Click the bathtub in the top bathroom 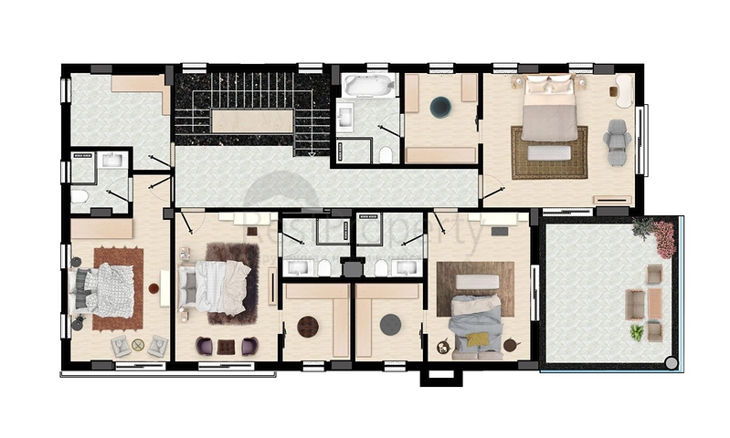click(x=369, y=87)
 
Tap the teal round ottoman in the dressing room click(x=440, y=107)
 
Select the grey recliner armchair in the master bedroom click(x=618, y=141)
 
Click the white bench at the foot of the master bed click(x=549, y=153)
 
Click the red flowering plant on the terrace click(x=664, y=239)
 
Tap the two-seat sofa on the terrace click(x=635, y=304)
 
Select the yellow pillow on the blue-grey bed click(x=478, y=339)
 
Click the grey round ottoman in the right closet click(x=391, y=325)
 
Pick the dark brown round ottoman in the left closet click(x=308, y=326)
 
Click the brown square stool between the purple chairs click(x=226, y=346)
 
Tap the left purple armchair click(x=205, y=346)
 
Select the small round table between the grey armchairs click(x=138, y=344)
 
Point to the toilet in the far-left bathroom click(x=79, y=195)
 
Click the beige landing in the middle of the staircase click(x=252, y=120)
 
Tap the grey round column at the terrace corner click(x=672, y=363)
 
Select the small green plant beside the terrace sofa click(x=636, y=332)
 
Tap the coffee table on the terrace click(x=655, y=302)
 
